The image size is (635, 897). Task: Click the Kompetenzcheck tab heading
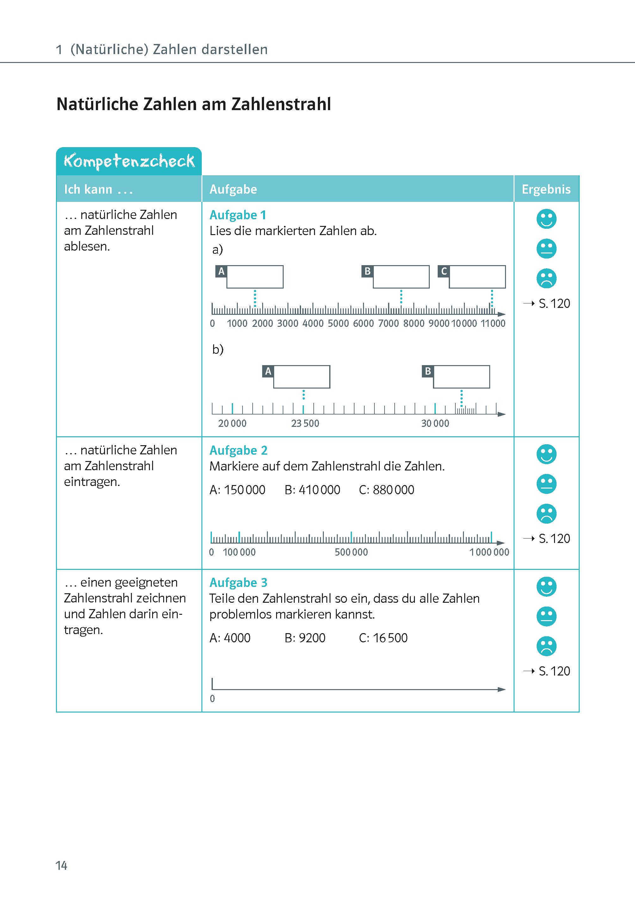pos(129,161)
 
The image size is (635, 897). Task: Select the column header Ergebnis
pos(546,189)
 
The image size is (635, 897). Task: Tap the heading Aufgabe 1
pos(237,215)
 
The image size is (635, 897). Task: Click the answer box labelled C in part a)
pos(477,277)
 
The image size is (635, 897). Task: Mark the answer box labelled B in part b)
pos(461,377)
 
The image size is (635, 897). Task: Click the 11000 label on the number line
pos(493,323)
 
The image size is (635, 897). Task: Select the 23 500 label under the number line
pos(305,423)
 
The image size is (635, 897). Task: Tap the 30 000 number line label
pos(435,423)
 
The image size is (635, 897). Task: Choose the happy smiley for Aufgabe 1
pos(546,219)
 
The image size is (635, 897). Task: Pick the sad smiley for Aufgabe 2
pos(546,514)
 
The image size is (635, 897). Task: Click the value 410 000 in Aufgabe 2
pos(319,490)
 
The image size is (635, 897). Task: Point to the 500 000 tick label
pos(351,552)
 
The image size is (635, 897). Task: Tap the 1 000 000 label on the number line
pos(489,552)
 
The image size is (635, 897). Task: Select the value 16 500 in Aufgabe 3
pos(390,638)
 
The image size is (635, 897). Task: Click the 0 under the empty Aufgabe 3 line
pos(212,699)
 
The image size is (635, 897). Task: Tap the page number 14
pos(61,866)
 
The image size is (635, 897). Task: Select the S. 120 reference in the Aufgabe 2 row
pos(554,539)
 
